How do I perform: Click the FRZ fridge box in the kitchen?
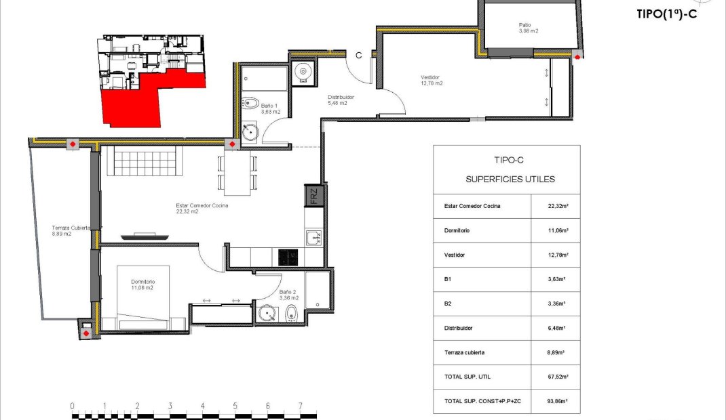click(x=313, y=196)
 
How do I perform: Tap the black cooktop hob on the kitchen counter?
click(x=288, y=257)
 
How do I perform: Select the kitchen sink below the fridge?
click(x=313, y=238)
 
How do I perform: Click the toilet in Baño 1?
click(x=250, y=102)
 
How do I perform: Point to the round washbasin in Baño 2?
click(x=267, y=314)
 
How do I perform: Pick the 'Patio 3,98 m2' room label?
click(x=529, y=28)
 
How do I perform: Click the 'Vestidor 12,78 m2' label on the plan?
click(x=431, y=81)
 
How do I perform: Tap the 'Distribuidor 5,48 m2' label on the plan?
click(x=341, y=100)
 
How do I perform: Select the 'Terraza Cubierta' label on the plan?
click(x=71, y=228)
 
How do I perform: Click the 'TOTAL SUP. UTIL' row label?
click(x=467, y=377)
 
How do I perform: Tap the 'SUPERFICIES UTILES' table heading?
click(x=510, y=180)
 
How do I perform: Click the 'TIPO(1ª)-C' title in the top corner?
click(x=666, y=14)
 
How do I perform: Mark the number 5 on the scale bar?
click(x=235, y=406)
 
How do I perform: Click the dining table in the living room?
click(x=237, y=172)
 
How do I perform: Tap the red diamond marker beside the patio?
click(x=577, y=57)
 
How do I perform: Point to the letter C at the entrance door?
click(x=358, y=56)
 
